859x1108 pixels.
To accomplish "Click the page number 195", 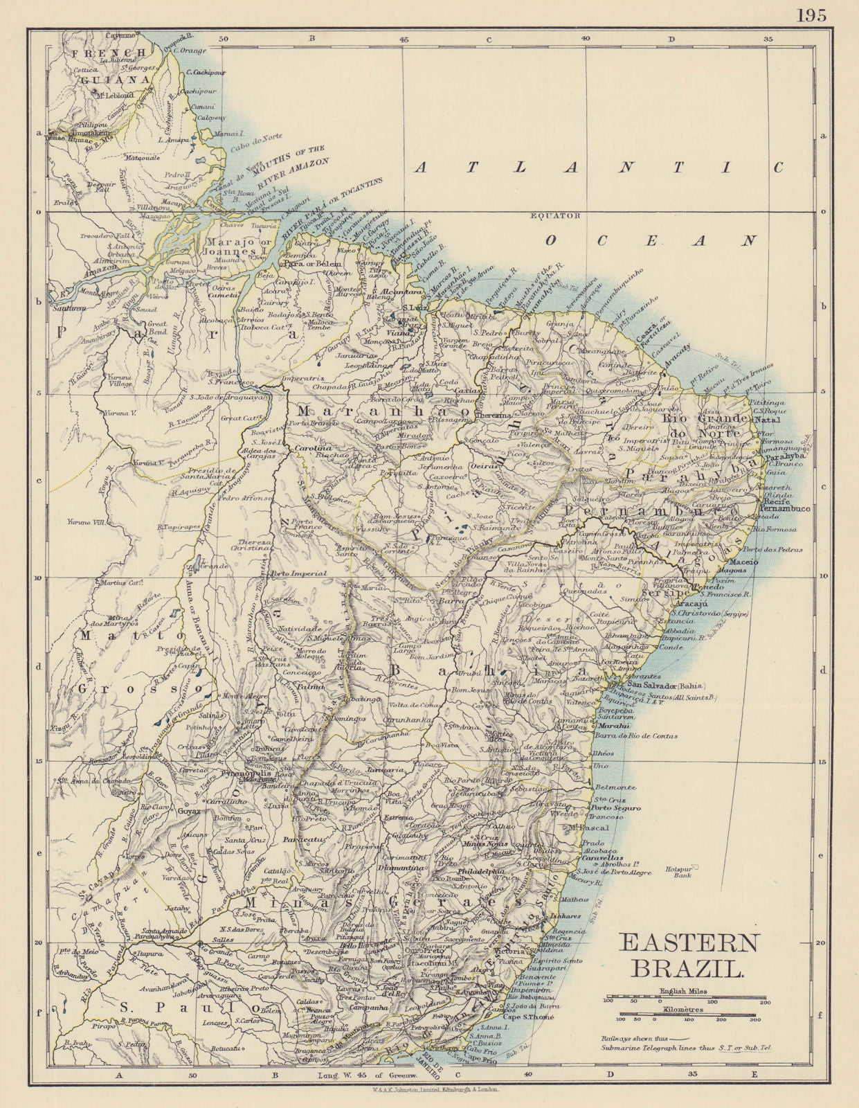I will (x=811, y=15).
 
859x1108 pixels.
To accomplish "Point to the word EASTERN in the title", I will (x=689, y=943).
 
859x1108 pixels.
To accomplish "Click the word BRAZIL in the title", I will (x=686, y=968).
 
